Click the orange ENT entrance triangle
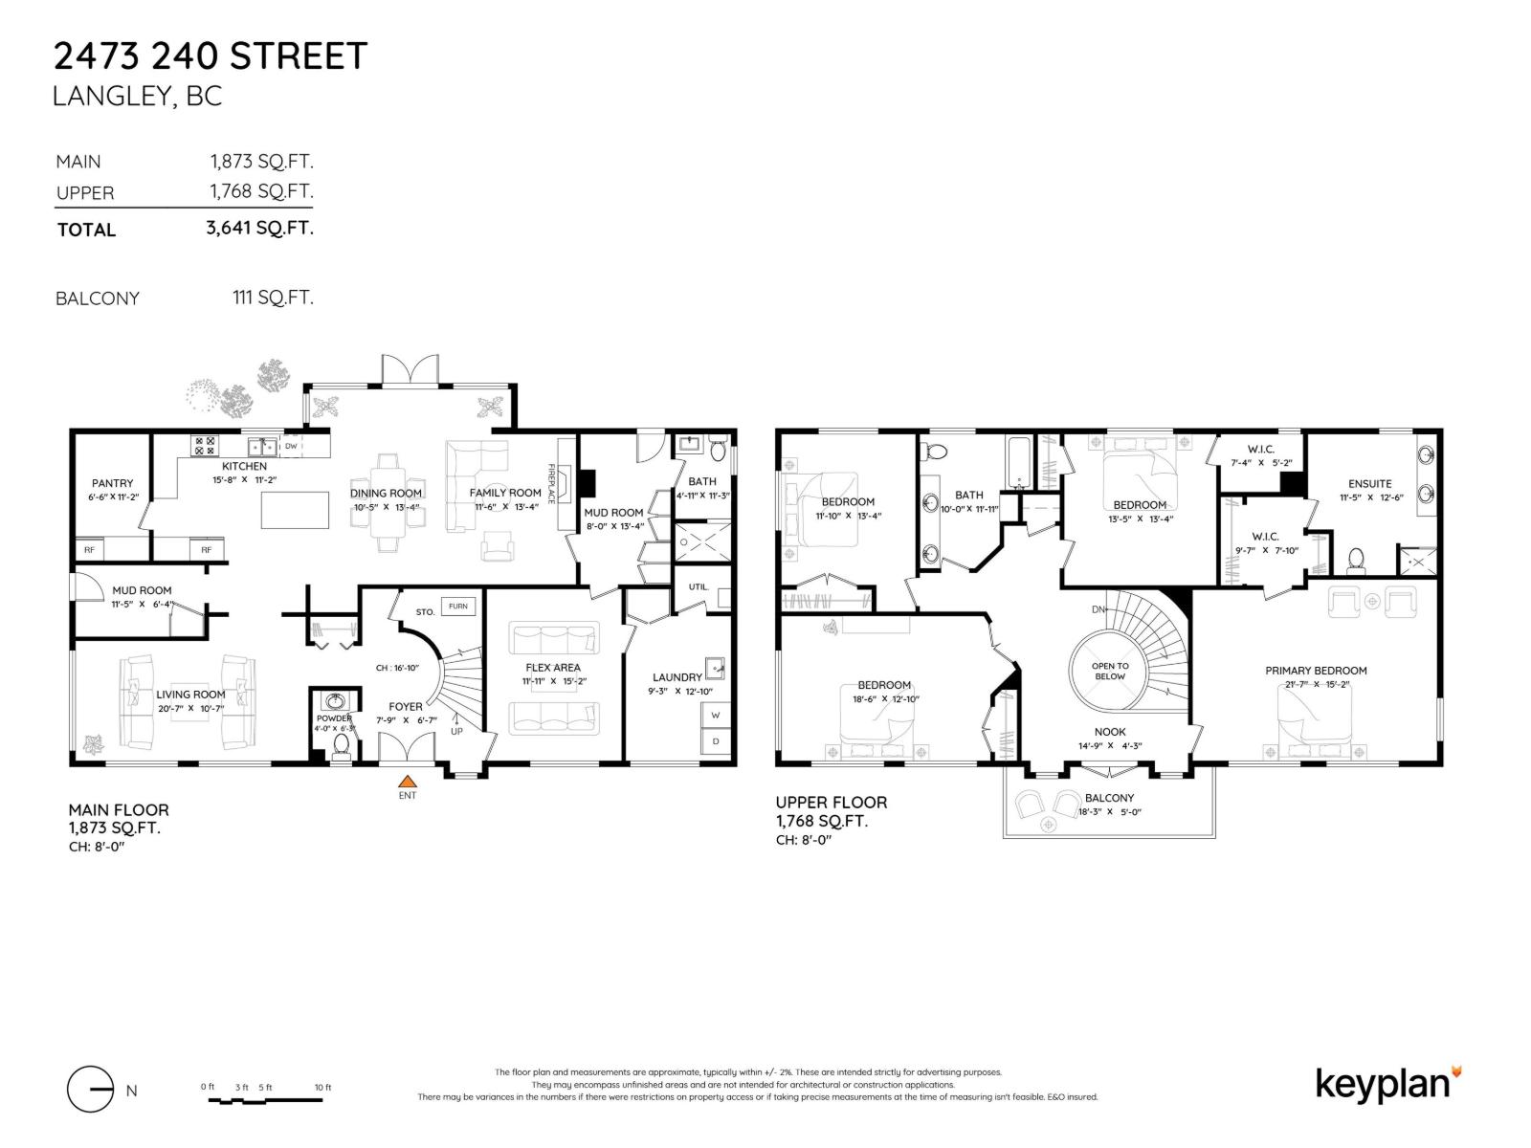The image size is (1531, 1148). pyautogui.click(x=408, y=781)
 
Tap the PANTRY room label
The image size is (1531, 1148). pyautogui.click(x=112, y=483)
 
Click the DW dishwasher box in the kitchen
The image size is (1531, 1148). pyautogui.click(x=291, y=446)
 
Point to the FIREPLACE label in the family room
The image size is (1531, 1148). pyautogui.click(x=551, y=484)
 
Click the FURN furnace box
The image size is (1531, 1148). pyautogui.click(x=458, y=607)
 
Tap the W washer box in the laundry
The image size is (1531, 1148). pyautogui.click(x=715, y=715)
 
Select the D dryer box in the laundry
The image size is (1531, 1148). pyautogui.click(x=715, y=741)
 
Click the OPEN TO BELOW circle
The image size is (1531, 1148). pyautogui.click(x=1109, y=671)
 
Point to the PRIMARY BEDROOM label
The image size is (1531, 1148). pyautogui.click(x=1316, y=671)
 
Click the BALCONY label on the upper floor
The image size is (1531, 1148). pyautogui.click(x=1109, y=798)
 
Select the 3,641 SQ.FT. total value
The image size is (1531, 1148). pyautogui.click(x=259, y=228)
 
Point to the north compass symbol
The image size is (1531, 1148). pyautogui.click(x=92, y=1090)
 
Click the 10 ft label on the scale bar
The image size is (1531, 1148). pyautogui.click(x=322, y=1087)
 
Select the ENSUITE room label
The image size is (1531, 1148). pyautogui.click(x=1369, y=483)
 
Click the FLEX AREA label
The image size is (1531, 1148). pyautogui.click(x=553, y=668)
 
